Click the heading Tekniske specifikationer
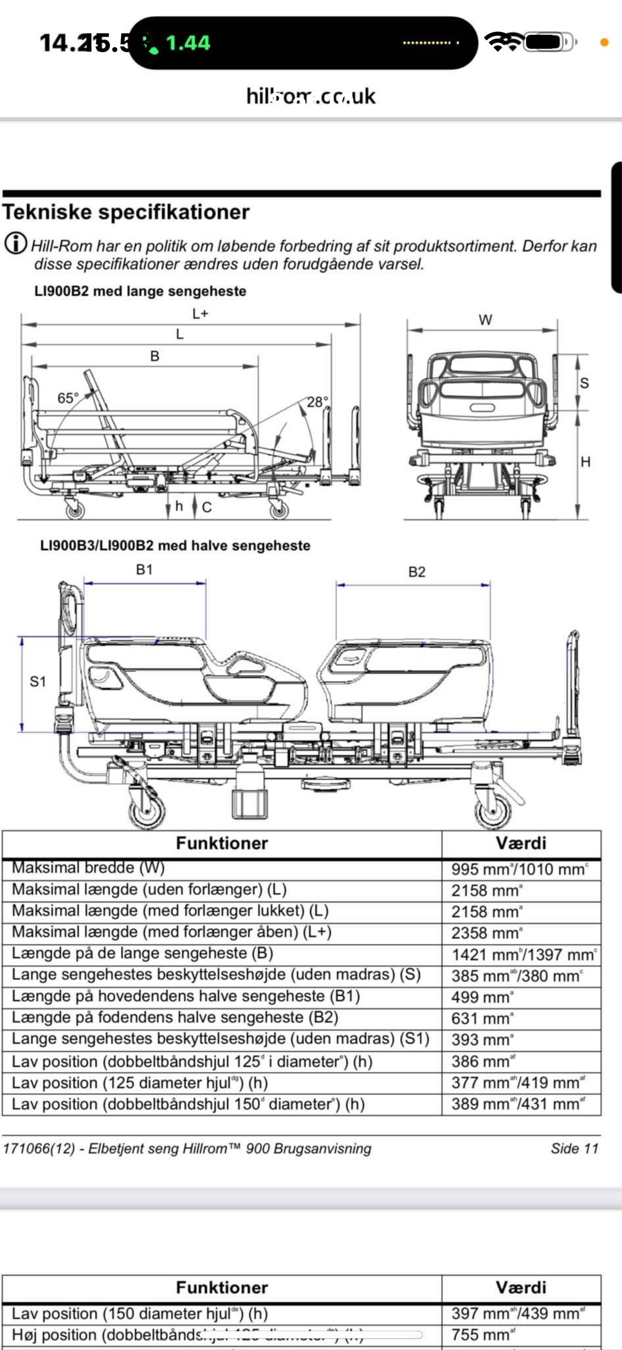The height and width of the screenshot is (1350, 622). point(126,212)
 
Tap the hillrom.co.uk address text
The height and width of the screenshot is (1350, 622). point(311,97)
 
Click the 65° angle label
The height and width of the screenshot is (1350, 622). point(68,398)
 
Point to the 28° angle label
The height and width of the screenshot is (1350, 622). point(317,402)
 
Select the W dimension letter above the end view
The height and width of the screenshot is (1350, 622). point(486,320)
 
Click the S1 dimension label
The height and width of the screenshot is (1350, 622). point(38,681)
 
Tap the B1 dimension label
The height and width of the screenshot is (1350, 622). point(144,570)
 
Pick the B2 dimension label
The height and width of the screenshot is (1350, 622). point(417,572)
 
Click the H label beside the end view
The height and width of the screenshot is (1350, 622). point(585,462)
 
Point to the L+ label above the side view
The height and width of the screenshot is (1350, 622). point(200,314)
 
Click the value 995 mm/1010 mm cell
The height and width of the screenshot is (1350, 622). point(520,870)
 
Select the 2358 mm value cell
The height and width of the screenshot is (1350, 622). point(487,933)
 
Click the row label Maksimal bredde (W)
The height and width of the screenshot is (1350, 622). point(88,868)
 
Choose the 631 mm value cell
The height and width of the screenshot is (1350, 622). point(482,1018)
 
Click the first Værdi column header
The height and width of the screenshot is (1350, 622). point(521,843)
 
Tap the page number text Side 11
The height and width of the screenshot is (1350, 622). point(574,1149)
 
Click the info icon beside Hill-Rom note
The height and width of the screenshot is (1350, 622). point(16,244)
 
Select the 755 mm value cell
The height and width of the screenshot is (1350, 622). point(482,1334)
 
